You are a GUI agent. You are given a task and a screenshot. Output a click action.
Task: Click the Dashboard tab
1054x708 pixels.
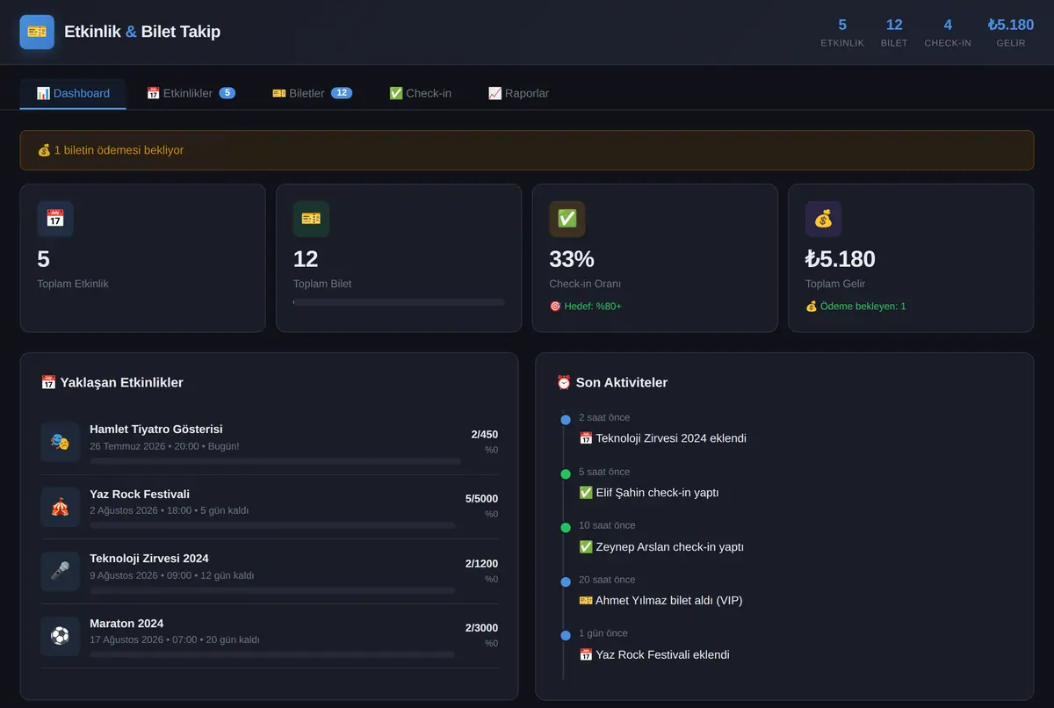pyautogui.click(x=73, y=94)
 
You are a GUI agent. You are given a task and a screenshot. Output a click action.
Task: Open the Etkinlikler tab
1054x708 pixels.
pyautogui.click(x=191, y=94)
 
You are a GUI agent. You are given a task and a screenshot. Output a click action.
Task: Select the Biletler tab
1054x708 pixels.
pyautogui.click(x=312, y=94)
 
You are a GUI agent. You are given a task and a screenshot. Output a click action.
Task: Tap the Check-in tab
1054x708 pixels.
pyautogui.click(x=420, y=94)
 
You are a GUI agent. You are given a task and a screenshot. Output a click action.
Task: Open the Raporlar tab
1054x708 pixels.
pyautogui.click(x=518, y=94)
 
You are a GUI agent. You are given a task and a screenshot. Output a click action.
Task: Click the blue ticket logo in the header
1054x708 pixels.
pyautogui.click(x=37, y=32)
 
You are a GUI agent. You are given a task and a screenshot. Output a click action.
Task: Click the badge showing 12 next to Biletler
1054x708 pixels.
pyautogui.click(x=342, y=93)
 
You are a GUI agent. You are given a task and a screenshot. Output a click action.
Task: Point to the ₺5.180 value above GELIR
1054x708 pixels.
pyautogui.click(x=1011, y=25)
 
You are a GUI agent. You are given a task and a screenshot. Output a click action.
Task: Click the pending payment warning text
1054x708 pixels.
pyautogui.click(x=119, y=150)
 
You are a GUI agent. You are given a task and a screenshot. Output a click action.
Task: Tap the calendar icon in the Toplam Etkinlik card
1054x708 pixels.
pyautogui.click(x=55, y=219)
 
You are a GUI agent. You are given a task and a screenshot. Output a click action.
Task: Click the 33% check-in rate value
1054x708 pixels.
pyautogui.click(x=572, y=259)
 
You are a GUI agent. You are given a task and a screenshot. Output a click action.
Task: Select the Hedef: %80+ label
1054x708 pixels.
pyautogui.click(x=592, y=307)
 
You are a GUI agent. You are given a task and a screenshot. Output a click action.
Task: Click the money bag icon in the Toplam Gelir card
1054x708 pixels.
pyautogui.click(x=823, y=219)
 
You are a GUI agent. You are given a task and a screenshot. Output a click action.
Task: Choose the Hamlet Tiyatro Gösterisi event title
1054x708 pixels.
pyautogui.click(x=156, y=429)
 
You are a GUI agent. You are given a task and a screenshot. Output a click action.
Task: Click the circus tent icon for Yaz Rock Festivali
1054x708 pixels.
pyautogui.click(x=60, y=507)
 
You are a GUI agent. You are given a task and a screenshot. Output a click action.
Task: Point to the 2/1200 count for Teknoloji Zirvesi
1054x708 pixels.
pyautogui.click(x=481, y=564)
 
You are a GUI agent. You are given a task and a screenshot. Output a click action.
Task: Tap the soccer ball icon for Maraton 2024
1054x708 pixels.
pyautogui.click(x=60, y=636)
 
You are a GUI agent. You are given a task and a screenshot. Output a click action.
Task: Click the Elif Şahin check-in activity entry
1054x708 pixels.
pyautogui.click(x=649, y=493)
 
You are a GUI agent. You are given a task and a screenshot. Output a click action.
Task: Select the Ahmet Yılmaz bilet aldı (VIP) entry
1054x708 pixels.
pyautogui.click(x=661, y=601)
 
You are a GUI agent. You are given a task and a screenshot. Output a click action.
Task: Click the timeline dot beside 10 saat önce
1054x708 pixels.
pyautogui.click(x=566, y=528)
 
